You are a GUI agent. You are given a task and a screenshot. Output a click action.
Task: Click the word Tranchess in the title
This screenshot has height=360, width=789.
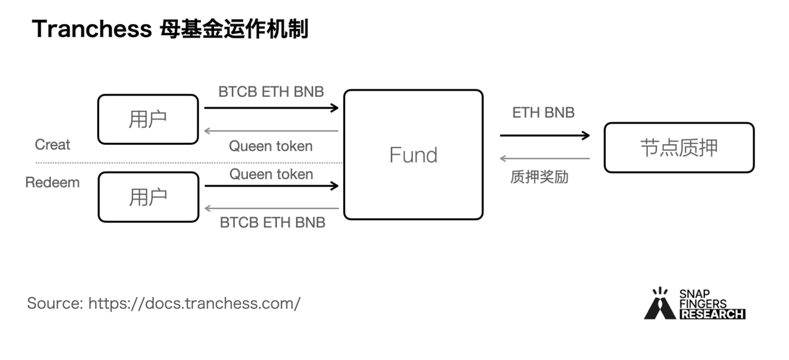[91, 29]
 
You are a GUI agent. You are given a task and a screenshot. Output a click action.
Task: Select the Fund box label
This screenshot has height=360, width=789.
[413, 155]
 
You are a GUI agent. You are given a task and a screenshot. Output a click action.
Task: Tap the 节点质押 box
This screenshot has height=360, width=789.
[679, 147]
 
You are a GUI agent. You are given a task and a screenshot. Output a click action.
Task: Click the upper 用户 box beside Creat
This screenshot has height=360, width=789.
[148, 119]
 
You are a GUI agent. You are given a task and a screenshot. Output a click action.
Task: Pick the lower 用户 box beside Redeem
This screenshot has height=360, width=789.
[148, 197]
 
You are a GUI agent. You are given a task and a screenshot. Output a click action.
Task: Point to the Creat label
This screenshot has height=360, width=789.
[52, 145]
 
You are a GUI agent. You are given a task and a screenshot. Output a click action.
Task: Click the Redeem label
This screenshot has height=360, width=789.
[52, 183]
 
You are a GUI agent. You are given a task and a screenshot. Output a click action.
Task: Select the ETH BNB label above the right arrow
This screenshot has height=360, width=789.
[543, 113]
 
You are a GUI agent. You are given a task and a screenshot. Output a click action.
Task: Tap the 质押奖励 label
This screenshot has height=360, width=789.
[539, 178]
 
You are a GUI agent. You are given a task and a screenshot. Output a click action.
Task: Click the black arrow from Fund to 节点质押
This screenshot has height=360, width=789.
[544, 136]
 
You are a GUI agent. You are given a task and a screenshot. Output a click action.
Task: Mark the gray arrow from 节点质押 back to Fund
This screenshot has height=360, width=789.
[544, 158]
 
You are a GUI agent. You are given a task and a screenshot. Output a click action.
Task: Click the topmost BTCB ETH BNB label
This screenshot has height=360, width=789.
[271, 92]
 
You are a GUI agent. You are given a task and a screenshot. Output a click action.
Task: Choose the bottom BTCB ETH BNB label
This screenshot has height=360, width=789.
[272, 223]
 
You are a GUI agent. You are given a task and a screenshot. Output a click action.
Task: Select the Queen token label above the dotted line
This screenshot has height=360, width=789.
[271, 146]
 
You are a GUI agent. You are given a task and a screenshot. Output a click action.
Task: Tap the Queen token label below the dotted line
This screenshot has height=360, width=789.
[271, 174]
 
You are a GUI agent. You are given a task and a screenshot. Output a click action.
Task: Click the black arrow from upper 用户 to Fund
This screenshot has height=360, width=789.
[271, 108]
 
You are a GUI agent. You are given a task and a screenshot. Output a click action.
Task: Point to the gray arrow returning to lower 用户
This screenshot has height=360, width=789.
[271, 208]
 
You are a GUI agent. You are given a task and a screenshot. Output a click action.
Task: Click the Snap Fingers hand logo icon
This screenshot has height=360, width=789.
[660, 304]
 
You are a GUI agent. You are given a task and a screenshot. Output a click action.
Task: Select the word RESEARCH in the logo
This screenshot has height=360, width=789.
[712, 314]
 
